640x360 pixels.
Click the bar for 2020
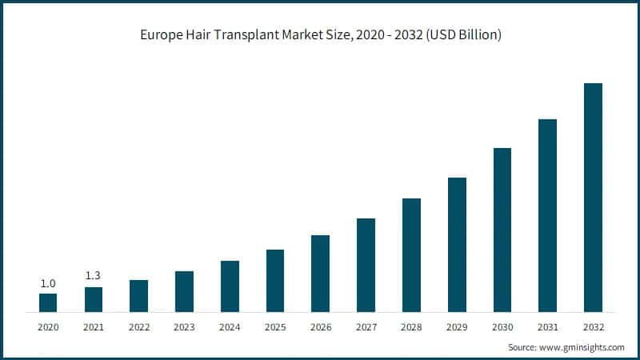tap(48, 302)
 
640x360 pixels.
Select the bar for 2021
tap(94, 299)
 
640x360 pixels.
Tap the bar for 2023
tap(184, 291)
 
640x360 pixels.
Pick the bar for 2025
tap(275, 280)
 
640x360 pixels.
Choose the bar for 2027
tap(366, 265)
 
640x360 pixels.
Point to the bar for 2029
tap(457, 244)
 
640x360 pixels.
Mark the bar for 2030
tap(502, 230)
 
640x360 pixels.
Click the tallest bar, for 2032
tap(593, 197)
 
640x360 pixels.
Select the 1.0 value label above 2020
tap(48, 283)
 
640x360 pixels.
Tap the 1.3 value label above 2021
tap(94, 276)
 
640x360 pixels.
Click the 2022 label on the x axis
tap(139, 326)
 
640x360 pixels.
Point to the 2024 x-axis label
tap(230, 326)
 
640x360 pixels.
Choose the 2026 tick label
tap(321, 326)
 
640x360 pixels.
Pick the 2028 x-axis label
tap(411, 326)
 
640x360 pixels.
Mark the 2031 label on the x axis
tap(547, 326)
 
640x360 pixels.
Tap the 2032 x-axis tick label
tap(593, 326)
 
